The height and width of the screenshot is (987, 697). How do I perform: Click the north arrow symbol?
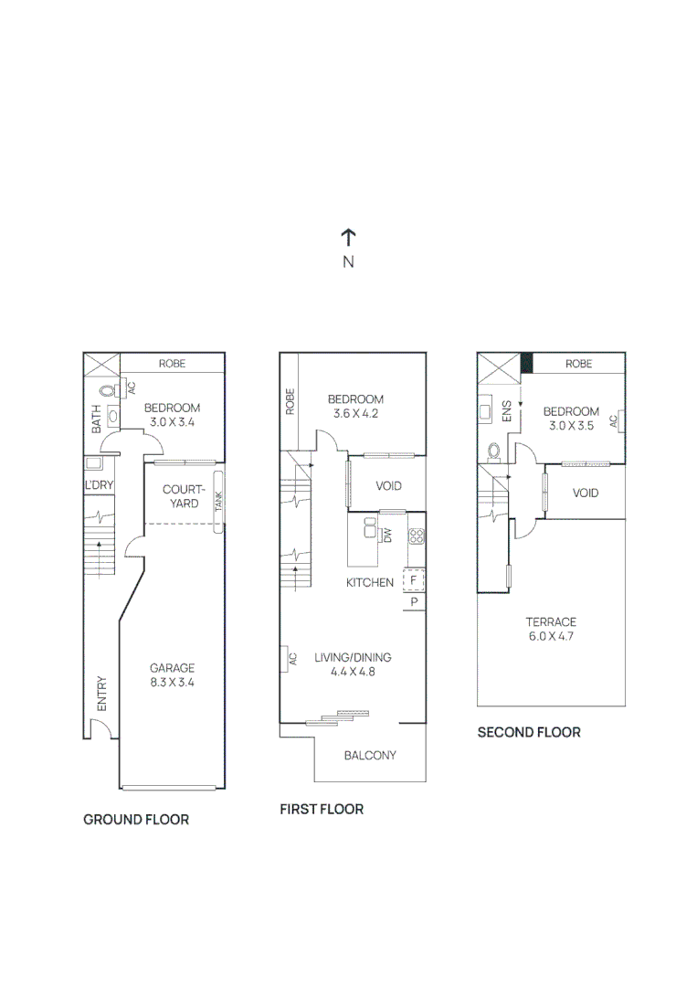pyautogui.click(x=348, y=239)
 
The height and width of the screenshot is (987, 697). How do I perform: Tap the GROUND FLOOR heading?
pyautogui.click(x=136, y=820)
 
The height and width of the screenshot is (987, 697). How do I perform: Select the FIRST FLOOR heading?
pyautogui.click(x=322, y=810)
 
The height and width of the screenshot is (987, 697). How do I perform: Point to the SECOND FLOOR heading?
pyautogui.click(x=529, y=732)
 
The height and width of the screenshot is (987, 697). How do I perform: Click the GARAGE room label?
pyautogui.click(x=173, y=668)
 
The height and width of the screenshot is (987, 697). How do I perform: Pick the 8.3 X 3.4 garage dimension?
pyautogui.click(x=173, y=682)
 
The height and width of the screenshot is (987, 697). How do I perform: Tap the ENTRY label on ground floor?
pyautogui.click(x=101, y=694)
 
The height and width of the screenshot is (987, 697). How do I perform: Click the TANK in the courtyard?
pyautogui.click(x=218, y=502)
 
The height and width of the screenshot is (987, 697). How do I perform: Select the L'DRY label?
pyautogui.click(x=98, y=484)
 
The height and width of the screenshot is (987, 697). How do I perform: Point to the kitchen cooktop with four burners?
pyautogui.click(x=416, y=536)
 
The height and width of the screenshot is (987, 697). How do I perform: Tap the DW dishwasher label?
pyautogui.click(x=387, y=536)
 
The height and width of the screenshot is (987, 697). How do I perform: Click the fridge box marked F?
pyautogui.click(x=413, y=580)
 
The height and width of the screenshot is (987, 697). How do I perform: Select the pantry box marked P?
pyautogui.click(x=413, y=602)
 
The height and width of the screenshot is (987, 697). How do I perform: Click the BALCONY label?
pyautogui.click(x=370, y=755)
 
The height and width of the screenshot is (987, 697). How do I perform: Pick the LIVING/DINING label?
pyautogui.click(x=353, y=657)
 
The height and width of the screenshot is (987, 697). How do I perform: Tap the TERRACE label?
pyautogui.click(x=551, y=622)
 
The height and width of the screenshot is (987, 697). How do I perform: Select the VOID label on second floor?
pyautogui.click(x=586, y=493)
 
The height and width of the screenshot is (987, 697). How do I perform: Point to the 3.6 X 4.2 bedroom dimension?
pyautogui.click(x=355, y=413)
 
